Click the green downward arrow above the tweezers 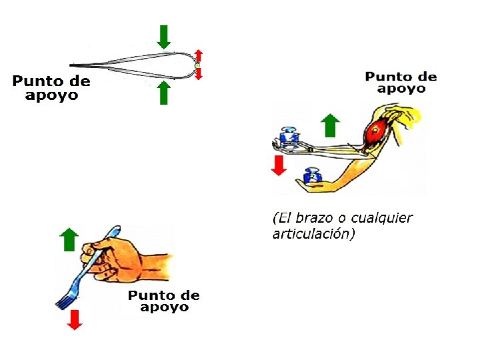pyautogui.click(x=164, y=36)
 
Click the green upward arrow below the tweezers pyautogui.click(x=164, y=93)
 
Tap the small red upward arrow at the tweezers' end pyautogui.click(x=198, y=55)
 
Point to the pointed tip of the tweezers pyautogui.click(x=72, y=65)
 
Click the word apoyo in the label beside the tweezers pyautogui.click(x=51, y=95)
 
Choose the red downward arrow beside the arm pyautogui.click(x=279, y=165)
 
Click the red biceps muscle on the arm pyautogui.click(x=375, y=129)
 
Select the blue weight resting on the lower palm pyautogui.click(x=313, y=177)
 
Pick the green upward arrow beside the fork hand pyautogui.click(x=69, y=239)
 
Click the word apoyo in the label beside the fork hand pyautogui.click(x=164, y=307)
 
